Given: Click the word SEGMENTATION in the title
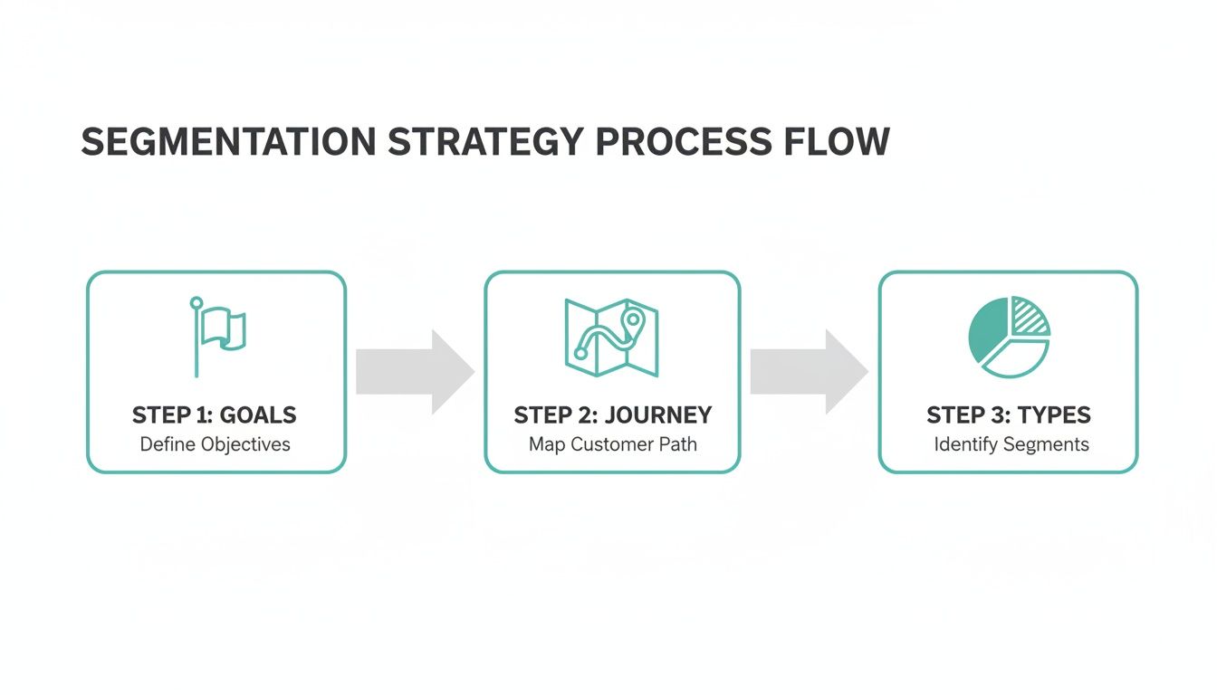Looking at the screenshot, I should click(x=228, y=143).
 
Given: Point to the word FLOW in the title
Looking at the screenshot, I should click(x=840, y=143).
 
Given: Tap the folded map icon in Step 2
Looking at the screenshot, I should click(x=611, y=337).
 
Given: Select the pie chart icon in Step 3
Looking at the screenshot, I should click(x=1009, y=337).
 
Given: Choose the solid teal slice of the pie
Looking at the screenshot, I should click(x=987, y=333).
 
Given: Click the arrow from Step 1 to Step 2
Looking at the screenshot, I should click(x=415, y=372).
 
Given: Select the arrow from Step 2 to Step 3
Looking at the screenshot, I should click(x=809, y=372).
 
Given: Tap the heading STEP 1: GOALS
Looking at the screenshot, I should click(x=215, y=415).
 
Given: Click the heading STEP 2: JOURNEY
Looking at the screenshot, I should click(x=613, y=415).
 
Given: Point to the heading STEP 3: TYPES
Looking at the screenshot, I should click(x=1009, y=415).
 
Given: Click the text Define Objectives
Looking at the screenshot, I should click(x=215, y=444).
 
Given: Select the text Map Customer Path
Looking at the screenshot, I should click(x=613, y=444).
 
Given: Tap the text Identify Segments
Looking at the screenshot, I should click(x=1011, y=444).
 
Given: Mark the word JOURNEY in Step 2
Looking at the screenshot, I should click(x=658, y=415).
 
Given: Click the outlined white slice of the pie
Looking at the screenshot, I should click(x=1016, y=358).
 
